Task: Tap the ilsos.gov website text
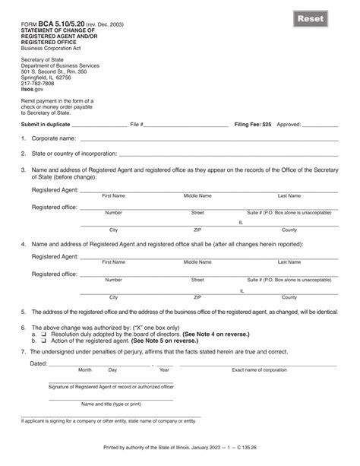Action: [32, 89]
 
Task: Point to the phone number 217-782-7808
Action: [38, 84]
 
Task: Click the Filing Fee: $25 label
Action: [251, 123]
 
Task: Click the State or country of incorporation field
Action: [228, 154]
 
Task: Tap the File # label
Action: [137, 123]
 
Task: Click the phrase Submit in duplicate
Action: [49, 123]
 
